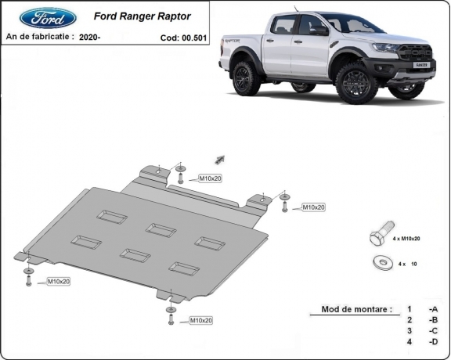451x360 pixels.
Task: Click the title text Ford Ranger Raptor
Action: [x=142, y=16]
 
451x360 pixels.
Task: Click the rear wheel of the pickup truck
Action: [x=247, y=78]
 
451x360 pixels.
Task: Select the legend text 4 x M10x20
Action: [x=405, y=238]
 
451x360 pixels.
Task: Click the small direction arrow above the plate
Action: [x=219, y=158]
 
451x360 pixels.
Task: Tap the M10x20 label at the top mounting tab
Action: [x=211, y=178]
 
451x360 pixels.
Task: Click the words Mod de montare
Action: [x=356, y=309]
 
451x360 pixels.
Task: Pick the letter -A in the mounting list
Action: [x=433, y=309]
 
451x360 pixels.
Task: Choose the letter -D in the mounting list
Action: [x=433, y=341]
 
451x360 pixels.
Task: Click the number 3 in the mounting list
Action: [x=409, y=330]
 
